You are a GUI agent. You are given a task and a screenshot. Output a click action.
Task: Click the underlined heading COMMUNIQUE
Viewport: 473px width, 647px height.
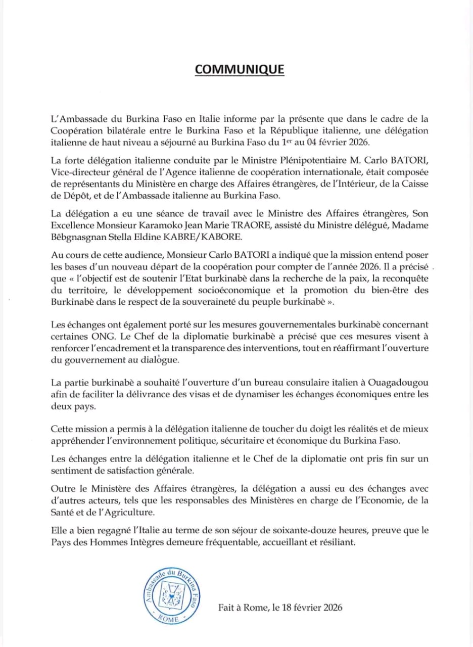coord(240,69)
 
